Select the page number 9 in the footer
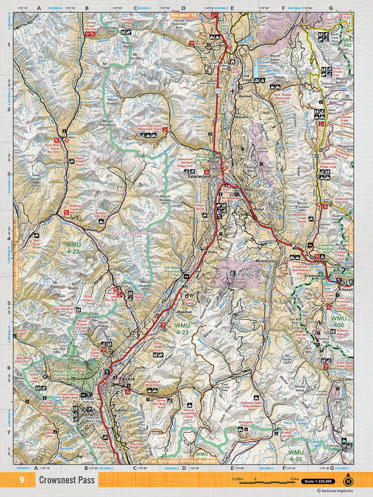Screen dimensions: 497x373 (22, 480)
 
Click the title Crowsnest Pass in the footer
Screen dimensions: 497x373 (66, 480)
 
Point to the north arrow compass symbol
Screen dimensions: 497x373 (348, 481)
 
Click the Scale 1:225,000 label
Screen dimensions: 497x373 (319, 481)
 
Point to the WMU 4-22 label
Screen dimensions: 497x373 (74, 247)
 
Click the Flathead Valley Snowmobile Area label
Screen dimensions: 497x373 (255, 404)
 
